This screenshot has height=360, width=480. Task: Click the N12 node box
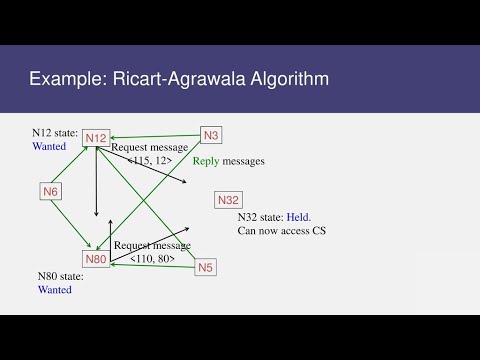tap(96, 137)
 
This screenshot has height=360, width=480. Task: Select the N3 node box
tap(211, 135)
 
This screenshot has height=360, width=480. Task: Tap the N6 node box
tap(52, 190)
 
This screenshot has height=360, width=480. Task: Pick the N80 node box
tap(96, 260)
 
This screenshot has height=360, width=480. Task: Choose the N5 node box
tap(206, 267)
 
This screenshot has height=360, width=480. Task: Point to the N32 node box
tap(228, 200)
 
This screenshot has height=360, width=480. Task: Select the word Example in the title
tap(68, 78)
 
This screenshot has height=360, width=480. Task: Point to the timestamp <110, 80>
tap(152, 259)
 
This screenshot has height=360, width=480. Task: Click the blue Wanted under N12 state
tap(48, 146)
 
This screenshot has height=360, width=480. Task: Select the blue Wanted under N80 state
tap(55, 290)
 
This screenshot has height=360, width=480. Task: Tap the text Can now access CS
tap(283, 231)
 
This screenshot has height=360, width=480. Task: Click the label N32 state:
tap(259, 217)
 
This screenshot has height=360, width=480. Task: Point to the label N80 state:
tap(60, 277)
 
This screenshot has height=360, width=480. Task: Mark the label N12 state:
tap(54, 133)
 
